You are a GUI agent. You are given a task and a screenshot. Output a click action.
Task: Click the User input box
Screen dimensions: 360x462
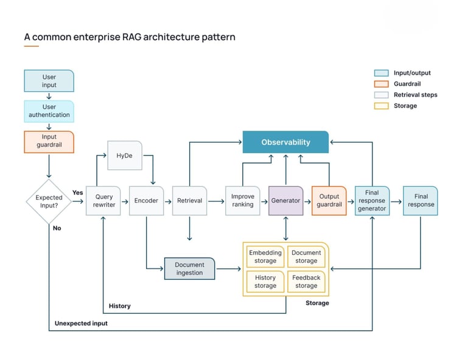[x=49, y=81]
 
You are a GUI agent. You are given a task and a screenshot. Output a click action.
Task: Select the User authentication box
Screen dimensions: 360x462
[x=49, y=111]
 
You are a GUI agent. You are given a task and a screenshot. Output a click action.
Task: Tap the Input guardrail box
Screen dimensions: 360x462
[x=49, y=141]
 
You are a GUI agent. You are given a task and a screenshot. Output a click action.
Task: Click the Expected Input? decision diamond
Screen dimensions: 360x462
[x=49, y=201]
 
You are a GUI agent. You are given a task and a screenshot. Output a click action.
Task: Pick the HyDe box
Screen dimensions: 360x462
[x=124, y=156]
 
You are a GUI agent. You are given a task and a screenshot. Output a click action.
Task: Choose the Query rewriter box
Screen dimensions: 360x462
[x=103, y=201]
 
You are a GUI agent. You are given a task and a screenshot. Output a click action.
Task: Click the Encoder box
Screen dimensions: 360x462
[x=146, y=201]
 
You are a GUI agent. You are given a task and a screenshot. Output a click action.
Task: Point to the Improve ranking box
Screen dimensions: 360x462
[x=243, y=201]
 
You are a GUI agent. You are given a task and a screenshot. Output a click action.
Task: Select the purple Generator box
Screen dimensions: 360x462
[x=285, y=201]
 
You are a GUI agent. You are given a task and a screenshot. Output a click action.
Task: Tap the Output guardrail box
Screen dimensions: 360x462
[x=329, y=201]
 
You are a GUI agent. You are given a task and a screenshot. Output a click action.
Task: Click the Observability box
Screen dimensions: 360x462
[x=285, y=142]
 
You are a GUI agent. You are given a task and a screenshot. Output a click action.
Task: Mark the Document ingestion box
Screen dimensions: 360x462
[x=189, y=269]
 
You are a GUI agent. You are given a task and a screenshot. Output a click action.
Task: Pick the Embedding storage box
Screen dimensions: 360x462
[x=265, y=257]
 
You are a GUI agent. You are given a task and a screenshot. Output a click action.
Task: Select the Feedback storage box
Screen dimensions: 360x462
[x=306, y=282]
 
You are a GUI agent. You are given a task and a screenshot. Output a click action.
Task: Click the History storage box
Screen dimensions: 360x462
[x=265, y=282]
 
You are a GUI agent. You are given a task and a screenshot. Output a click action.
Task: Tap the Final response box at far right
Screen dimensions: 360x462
[x=421, y=201]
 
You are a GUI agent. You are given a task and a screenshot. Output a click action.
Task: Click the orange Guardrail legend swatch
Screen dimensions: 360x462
[x=381, y=84]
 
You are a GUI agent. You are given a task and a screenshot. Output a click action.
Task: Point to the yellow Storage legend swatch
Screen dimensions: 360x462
[x=381, y=106]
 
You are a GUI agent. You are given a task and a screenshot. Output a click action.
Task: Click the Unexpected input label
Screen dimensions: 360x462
[x=81, y=324]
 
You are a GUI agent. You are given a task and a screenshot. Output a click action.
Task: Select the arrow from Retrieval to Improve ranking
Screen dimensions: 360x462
[x=216, y=201]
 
